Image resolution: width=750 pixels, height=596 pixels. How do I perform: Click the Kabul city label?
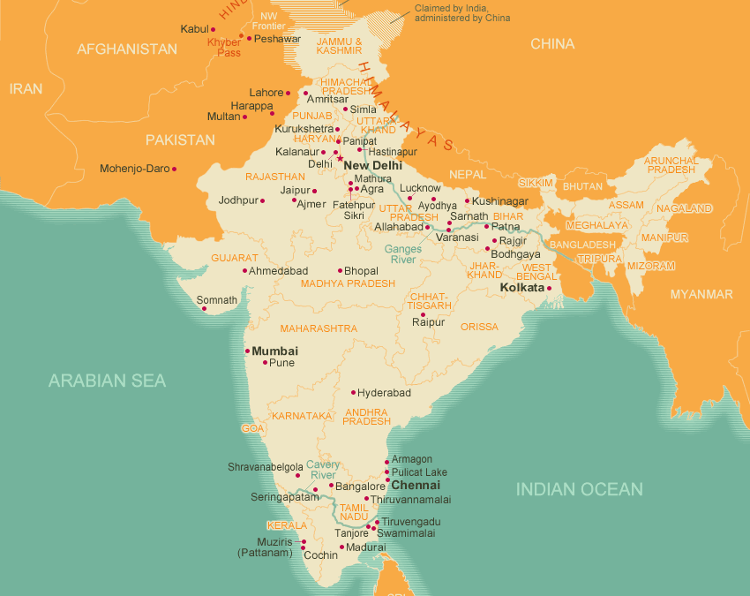pos(194,29)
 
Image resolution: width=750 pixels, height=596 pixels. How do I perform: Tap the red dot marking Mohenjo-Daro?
pos(174,169)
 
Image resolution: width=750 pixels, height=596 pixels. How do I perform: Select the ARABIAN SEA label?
pos(107,381)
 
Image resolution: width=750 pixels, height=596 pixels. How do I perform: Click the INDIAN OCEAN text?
pos(579,489)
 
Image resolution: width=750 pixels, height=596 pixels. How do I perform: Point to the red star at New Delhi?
pos(341,159)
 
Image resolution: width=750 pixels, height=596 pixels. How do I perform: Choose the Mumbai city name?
pos(274,351)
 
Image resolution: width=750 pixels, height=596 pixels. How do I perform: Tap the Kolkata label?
pos(521,288)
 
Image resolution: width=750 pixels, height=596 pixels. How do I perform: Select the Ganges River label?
pos(403,254)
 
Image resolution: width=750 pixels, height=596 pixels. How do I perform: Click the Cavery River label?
pos(323,470)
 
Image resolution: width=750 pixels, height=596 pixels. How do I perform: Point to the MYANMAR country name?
pos(701,294)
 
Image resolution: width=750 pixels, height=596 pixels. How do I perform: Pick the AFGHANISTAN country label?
pos(127,49)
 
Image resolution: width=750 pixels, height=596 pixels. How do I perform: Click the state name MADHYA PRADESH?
pos(348,283)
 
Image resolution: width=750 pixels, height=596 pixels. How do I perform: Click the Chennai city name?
pos(415,486)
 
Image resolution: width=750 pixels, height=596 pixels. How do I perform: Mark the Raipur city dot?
pos(423,314)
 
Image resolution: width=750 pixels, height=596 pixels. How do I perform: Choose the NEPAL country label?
pos(468,174)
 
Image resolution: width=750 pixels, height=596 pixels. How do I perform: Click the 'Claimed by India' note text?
pos(461,12)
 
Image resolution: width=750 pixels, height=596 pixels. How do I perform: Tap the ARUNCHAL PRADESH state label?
pos(671,165)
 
